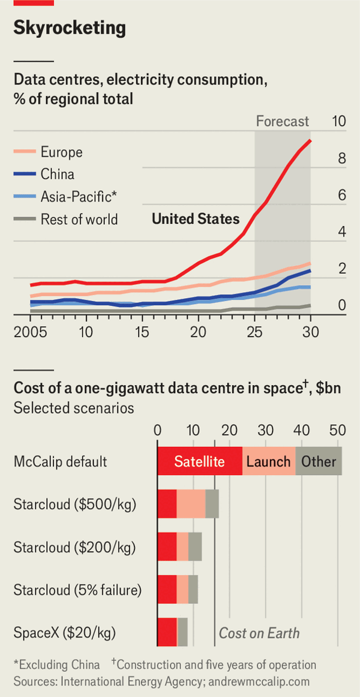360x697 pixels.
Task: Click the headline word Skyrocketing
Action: click(70, 28)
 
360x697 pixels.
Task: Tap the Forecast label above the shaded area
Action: click(282, 121)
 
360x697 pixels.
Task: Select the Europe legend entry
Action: click(61, 152)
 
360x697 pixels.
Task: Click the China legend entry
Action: click(58, 175)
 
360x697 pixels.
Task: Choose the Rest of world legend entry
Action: click(79, 219)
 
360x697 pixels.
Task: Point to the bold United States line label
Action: click(196, 219)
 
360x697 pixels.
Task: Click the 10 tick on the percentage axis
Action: click(339, 121)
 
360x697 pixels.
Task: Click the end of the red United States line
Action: click(310, 140)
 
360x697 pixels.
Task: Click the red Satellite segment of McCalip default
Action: click(199, 462)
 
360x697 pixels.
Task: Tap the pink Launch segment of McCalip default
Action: click(268, 462)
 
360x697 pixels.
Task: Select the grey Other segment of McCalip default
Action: click(319, 462)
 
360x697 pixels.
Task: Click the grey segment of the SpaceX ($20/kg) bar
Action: click(182, 632)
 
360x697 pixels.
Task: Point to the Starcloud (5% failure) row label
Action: click(77, 590)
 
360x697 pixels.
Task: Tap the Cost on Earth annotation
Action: click(259, 633)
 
